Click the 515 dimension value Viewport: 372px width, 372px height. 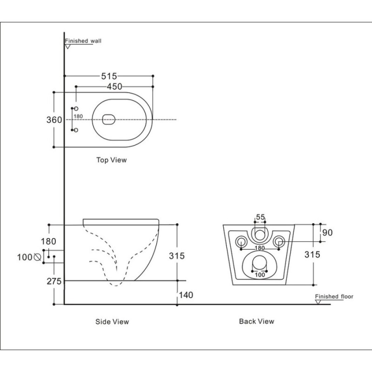point(109,76)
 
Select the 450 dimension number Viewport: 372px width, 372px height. point(114,86)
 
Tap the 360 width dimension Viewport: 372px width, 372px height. point(54,120)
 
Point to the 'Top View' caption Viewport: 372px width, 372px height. point(112,160)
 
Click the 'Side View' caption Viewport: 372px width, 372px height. point(112,322)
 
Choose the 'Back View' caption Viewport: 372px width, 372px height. point(257,321)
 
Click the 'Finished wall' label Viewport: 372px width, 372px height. point(83,41)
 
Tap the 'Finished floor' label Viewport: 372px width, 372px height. point(334,296)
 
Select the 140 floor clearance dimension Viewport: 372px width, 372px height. point(186,295)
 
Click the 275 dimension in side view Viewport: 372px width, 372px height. point(54,281)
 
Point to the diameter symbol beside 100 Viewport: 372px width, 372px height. point(38,257)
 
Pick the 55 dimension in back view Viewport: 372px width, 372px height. point(260,217)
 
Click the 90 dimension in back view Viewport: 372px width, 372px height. point(327,232)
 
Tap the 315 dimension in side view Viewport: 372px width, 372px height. point(177,256)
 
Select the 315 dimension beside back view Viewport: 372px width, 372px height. point(312,254)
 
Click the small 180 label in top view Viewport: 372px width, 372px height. point(78,116)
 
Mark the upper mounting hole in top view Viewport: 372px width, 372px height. point(76,109)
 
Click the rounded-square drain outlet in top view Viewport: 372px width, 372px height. point(109,120)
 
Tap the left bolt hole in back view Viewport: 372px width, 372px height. point(241,242)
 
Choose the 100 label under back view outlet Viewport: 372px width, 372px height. point(260,275)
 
